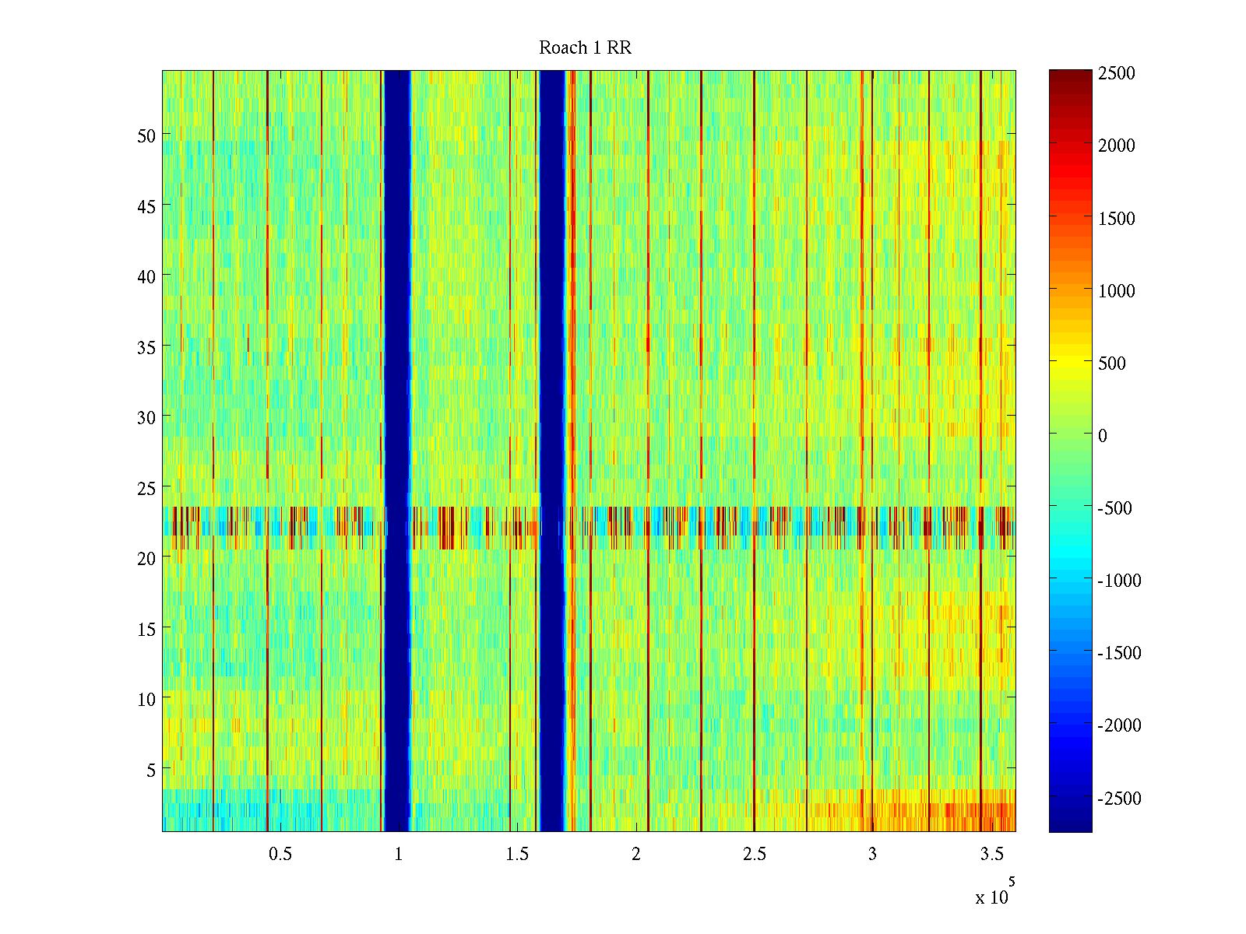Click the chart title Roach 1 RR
tap(585, 48)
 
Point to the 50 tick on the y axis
tap(146, 135)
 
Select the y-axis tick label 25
tap(146, 488)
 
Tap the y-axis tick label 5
tap(150, 770)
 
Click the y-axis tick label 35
tap(146, 347)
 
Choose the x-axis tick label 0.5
tap(280, 854)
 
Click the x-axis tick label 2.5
tap(754, 854)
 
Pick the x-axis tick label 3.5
tap(991, 854)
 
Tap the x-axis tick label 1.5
tap(517, 854)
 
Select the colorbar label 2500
tap(1116, 73)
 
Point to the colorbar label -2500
tap(1119, 799)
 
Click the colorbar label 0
tap(1102, 436)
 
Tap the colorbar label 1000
tap(1116, 291)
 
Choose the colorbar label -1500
tap(1119, 653)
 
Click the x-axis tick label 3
tap(872, 854)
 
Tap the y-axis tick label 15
tap(146, 629)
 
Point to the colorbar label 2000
tap(1116, 146)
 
